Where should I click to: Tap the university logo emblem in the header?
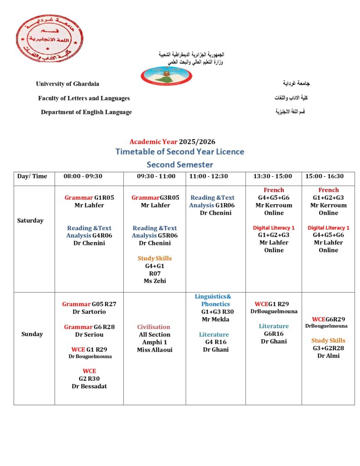click(x=167, y=76)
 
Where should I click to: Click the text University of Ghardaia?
click(x=67, y=84)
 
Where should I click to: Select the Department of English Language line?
click(x=86, y=112)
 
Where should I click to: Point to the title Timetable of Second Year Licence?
click(x=180, y=152)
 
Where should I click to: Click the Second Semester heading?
click(x=180, y=164)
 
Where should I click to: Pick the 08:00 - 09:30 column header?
click(x=89, y=176)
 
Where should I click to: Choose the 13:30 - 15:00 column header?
click(x=274, y=176)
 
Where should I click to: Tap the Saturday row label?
click(x=30, y=221)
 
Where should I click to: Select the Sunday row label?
click(x=32, y=334)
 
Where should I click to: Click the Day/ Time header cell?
click(x=32, y=176)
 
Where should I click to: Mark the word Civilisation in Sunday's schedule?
click(x=154, y=327)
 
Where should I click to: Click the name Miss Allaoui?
click(x=154, y=350)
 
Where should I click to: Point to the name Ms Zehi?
click(x=155, y=281)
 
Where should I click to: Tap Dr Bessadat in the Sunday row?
click(x=89, y=386)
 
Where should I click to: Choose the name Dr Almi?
click(x=328, y=356)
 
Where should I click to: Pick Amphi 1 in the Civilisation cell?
click(x=155, y=342)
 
